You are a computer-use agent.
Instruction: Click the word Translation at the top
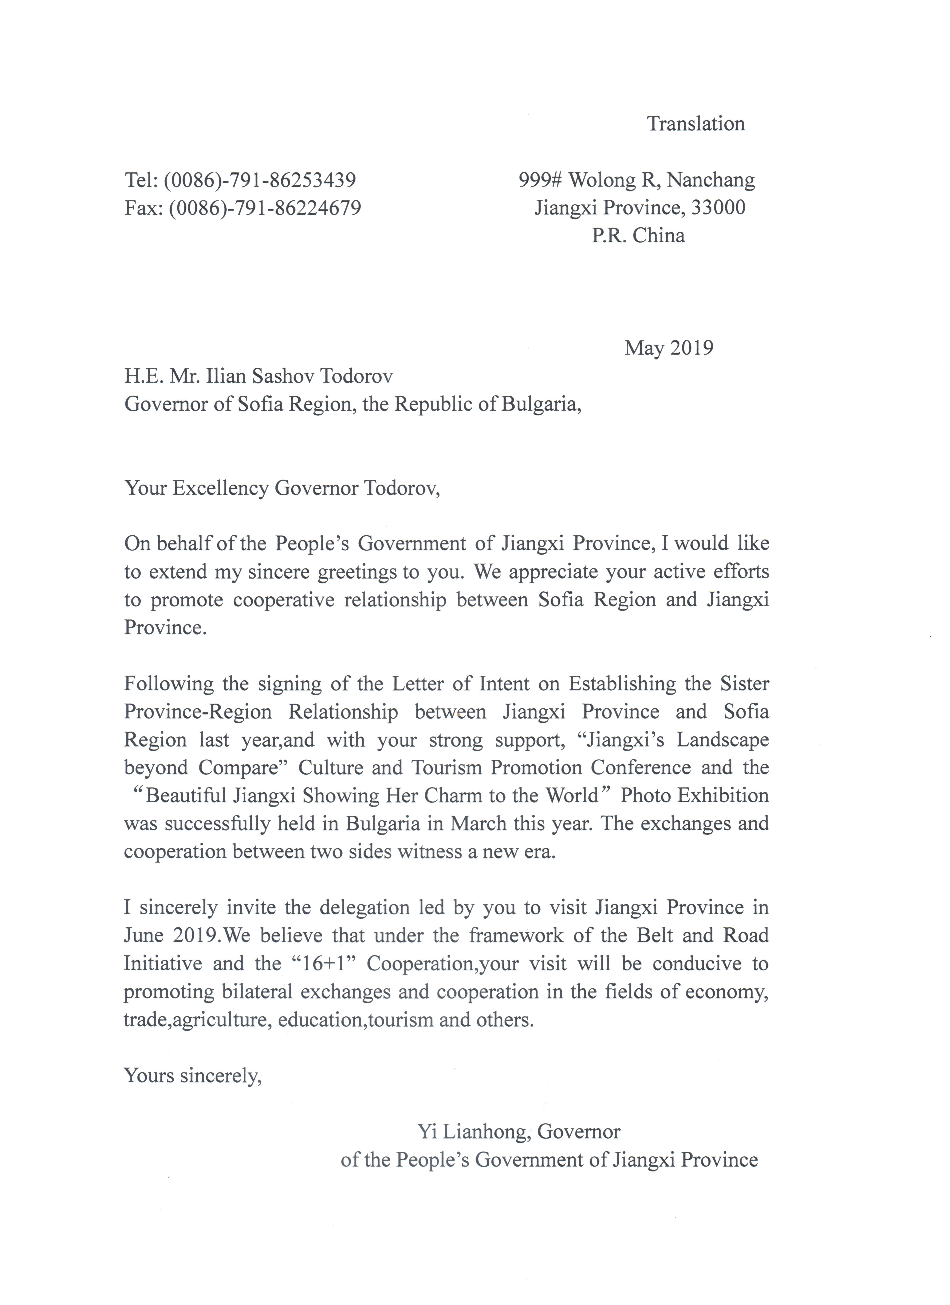(696, 124)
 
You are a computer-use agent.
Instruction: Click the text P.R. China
(638, 235)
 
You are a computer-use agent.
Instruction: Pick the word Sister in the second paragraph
(744, 684)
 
